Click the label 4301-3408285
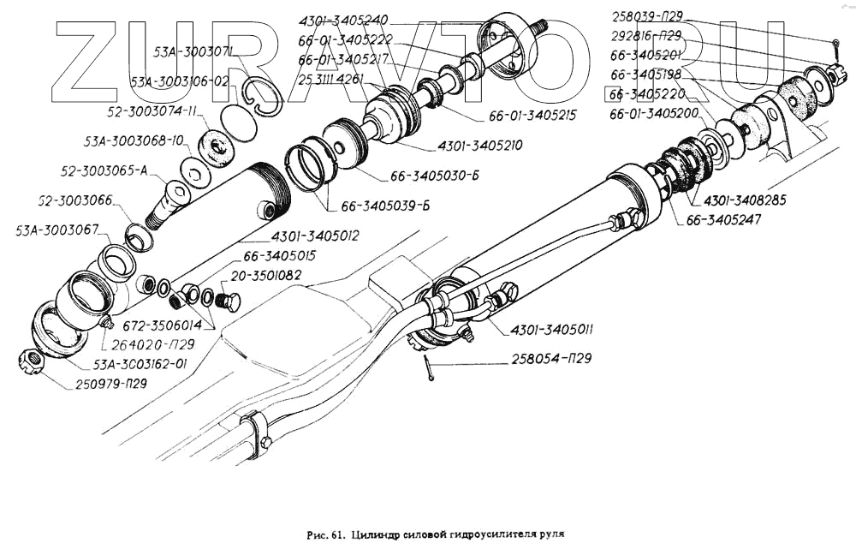[746, 200]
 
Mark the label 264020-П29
[150, 344]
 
